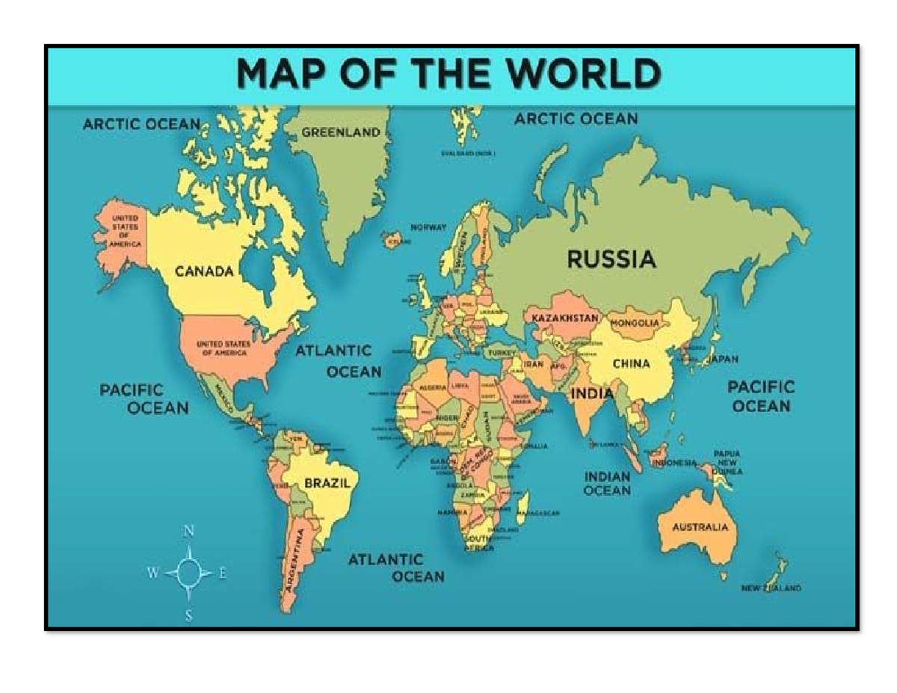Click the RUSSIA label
(611, 260)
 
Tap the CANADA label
(204, 271)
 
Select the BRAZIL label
(327, 484)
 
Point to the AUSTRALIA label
(700, 527)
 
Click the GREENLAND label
(341, 132)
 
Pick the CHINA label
(632, 364)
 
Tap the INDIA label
(591, 393)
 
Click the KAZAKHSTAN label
(565, 318)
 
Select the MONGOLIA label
(635, 324)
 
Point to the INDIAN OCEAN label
(607, 484)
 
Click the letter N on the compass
(189, 532)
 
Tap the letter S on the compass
(188, 616)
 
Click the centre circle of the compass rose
(188, 573)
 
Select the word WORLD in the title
(586, 75)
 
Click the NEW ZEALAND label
(771, 588)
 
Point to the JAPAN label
(723, 359)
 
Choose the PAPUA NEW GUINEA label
(727, 463)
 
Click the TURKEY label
(502, 351)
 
